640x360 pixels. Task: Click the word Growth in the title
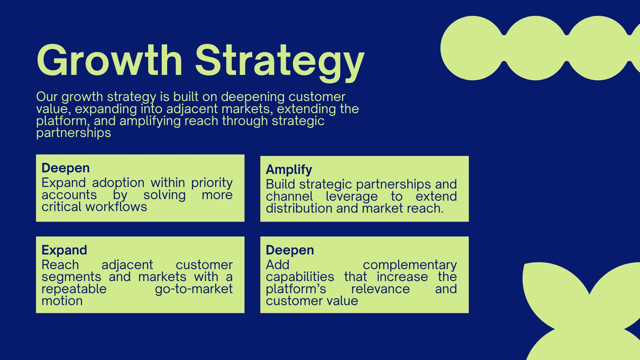point(110,60)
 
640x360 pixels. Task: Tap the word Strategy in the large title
point(280,63)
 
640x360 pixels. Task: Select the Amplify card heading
point(289,170)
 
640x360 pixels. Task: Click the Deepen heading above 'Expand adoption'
point(66,168)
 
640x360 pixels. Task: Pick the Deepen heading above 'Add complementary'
point(290,250)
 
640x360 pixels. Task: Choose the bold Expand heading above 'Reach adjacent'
point(64,250)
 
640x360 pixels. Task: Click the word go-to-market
point(194,289)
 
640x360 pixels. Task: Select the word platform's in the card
point(296,289)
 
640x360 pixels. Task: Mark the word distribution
point(299,208)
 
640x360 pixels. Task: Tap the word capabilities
point(300,277)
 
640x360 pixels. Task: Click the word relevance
point(380,289)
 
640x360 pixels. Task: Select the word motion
point(62,301)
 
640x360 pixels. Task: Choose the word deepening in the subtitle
point(253,97)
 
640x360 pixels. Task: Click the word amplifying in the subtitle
point(150,121)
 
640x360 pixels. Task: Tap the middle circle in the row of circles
point(535,48)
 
